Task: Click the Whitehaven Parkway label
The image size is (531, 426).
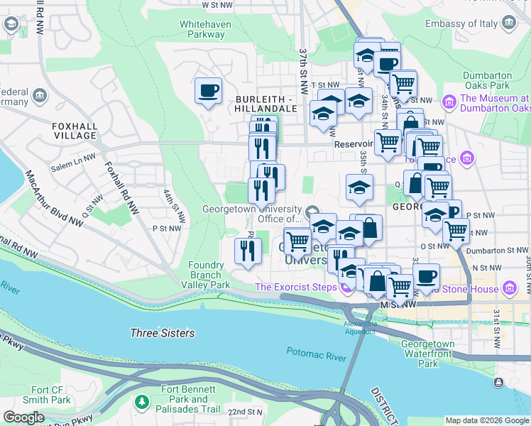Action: point(202,28)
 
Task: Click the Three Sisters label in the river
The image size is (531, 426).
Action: point(162,332)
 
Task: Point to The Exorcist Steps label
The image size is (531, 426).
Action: point(295,287)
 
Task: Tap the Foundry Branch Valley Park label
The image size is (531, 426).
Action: point(209,275)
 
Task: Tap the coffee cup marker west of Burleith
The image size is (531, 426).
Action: point(208,91)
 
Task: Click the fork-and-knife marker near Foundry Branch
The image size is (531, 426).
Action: point(247,251)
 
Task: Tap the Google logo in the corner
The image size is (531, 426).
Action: point(23,417)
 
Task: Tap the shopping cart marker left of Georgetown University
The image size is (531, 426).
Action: point(297,241)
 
